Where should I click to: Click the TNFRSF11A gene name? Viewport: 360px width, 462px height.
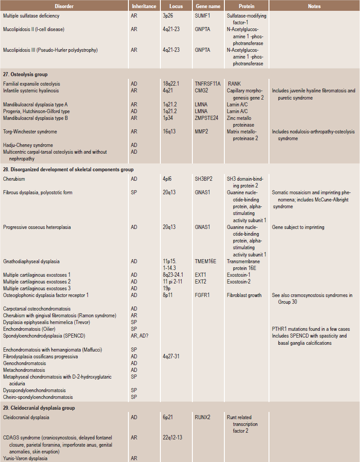pyautogui.click(x=208, y=84)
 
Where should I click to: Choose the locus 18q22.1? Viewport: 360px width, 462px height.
pyautogui.click(x=172, y=84)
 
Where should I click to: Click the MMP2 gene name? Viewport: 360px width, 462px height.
pyautogui.click(x=202, y=132)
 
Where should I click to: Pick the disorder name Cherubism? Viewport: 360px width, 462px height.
pyautogui.click(x=14, y=179)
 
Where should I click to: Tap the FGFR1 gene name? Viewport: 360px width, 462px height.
pyautogui.click(x=202, y=295)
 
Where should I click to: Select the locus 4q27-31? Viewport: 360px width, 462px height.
pyautogui.click(x=171, y=357)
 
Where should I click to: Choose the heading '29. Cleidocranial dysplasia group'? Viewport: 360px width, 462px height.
pyautogui.click(x=39, y=408)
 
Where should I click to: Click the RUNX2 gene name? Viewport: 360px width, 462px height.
pyautogui.click(x=203, y=417)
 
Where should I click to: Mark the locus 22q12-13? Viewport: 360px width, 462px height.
pyautogui.click(x=173, y=438)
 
